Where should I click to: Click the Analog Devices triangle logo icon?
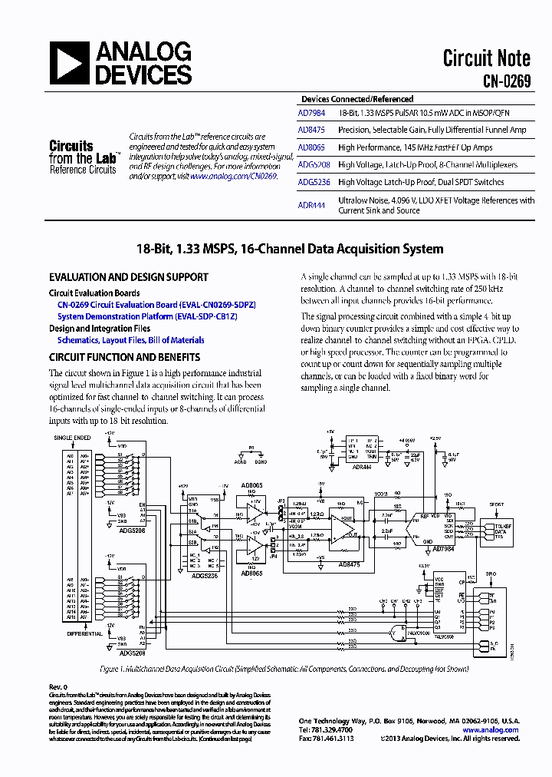click(70, 63)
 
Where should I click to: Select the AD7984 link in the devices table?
click(311, 112)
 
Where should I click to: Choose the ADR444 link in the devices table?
click(311, 205)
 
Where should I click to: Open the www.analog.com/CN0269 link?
click(233, 176)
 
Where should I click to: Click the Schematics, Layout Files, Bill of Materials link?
click(130, 339)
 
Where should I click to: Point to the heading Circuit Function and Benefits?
click(124, 357)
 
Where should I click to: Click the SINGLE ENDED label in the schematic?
click(72, 438)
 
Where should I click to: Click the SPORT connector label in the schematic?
click(496, 504)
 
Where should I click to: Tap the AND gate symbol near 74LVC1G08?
click(397, 633)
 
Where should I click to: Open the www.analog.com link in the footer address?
click(499, 729)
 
